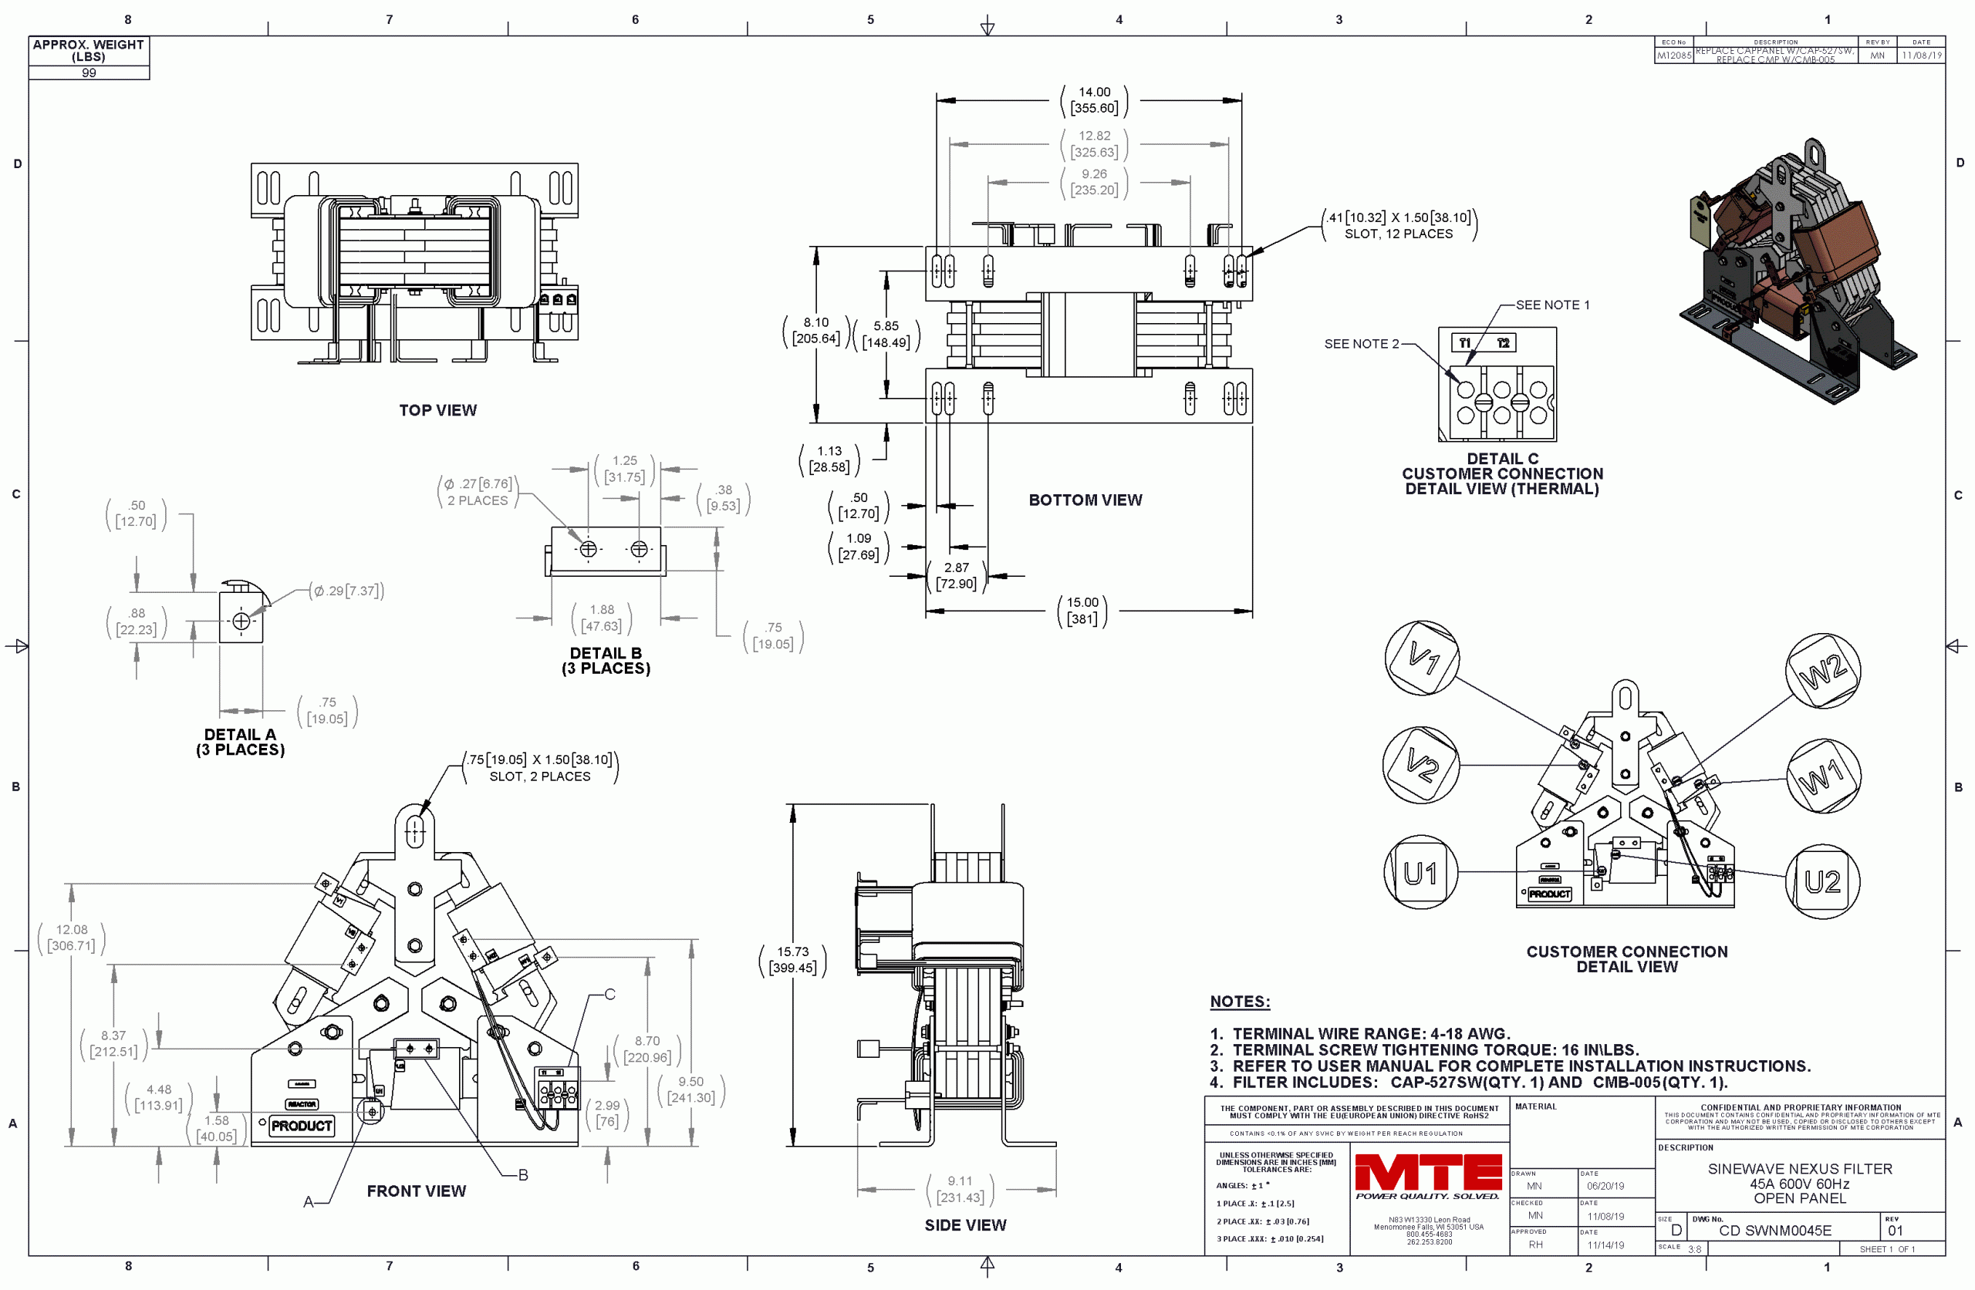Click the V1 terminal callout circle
point(1422,658)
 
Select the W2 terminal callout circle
point(1822,670)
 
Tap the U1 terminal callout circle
point(1420,873)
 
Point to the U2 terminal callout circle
point(1822,881)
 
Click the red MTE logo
point(1428,1172)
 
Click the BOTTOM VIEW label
point(1085,500)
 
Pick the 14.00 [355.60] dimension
point(1094,100)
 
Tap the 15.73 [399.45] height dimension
point(792,960)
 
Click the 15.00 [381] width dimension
point(1082,611)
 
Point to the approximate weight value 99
point(89,73)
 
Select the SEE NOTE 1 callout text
point(1551,305)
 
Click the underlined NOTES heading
point(1240,1002)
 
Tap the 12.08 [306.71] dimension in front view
point(72,938)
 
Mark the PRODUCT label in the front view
point(301,1126)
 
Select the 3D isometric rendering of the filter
point(1797,274)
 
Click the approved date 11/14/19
point(1605,1245)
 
